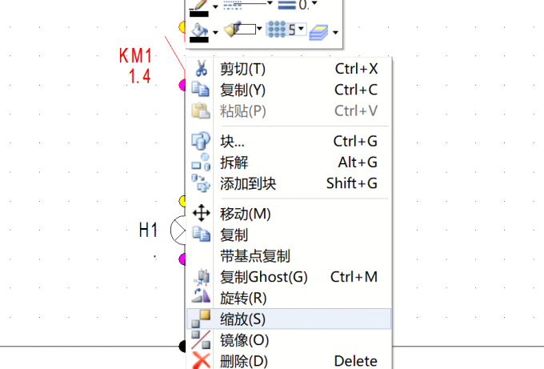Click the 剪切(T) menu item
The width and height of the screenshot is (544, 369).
[x=243, y=69]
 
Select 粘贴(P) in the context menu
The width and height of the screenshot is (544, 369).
[x=243, y=111]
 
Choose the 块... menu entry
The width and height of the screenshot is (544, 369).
[x=232, y=142]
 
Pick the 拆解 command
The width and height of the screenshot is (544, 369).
[x=234, y=162]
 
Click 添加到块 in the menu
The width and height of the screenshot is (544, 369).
[x=248, y=183]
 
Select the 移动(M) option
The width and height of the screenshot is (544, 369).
[x=246, y=214]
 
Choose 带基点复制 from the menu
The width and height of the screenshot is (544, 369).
[x=255, y=256]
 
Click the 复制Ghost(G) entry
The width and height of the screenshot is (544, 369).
[x=264, y=278]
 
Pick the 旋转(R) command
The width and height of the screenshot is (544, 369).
[x=243, y=299]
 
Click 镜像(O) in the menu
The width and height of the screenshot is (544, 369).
[x=244, y=340]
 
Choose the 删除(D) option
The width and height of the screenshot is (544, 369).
[x=243, y=361]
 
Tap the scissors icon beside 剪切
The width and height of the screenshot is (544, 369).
[x=202, y=68]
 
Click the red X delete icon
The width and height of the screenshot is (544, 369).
[x=201, y=360]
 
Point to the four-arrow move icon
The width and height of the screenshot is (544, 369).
[x=202, y=213]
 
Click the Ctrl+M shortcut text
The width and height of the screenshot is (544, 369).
[x=354, y=277]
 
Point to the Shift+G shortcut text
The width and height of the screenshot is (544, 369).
[x=352, y=183]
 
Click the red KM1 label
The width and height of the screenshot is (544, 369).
[x=135, y=55]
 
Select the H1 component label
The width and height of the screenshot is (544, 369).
[x=148, y=231]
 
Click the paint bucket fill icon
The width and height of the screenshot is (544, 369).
[x=199, y=32]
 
